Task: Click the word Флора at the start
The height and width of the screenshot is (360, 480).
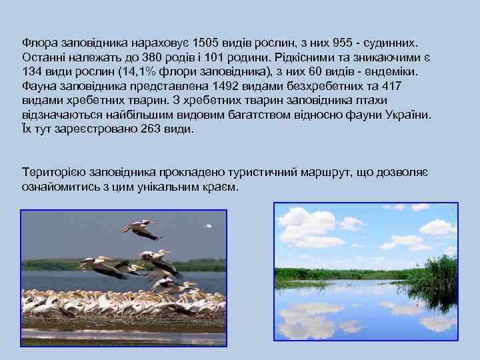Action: tap(37, 43)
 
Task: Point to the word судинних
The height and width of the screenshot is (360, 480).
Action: tap(395, 43)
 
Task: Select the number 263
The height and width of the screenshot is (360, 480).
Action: tap(153, 129)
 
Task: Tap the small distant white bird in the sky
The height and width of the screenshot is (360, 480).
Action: tap(210, 227)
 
